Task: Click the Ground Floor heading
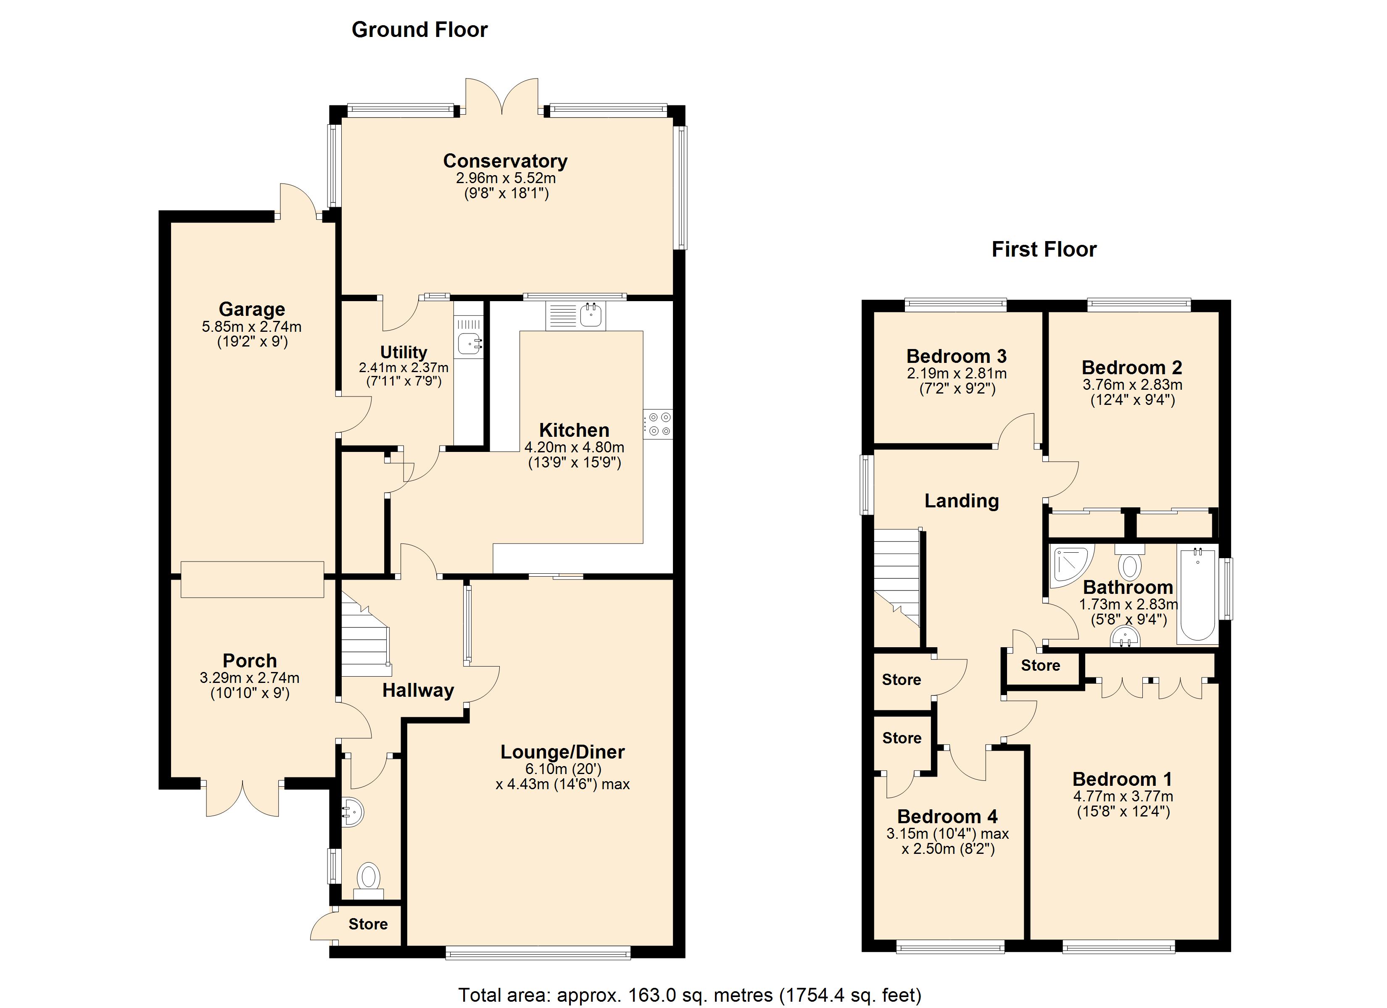[419, 30]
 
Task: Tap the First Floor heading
[1044, 249]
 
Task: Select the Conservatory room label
[505, 161]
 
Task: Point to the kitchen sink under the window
[575, 315]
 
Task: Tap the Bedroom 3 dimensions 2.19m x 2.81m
[957, 373]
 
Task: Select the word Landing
[961, 501]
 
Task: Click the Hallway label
[418, 691]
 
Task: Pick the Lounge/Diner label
[563, 752]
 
